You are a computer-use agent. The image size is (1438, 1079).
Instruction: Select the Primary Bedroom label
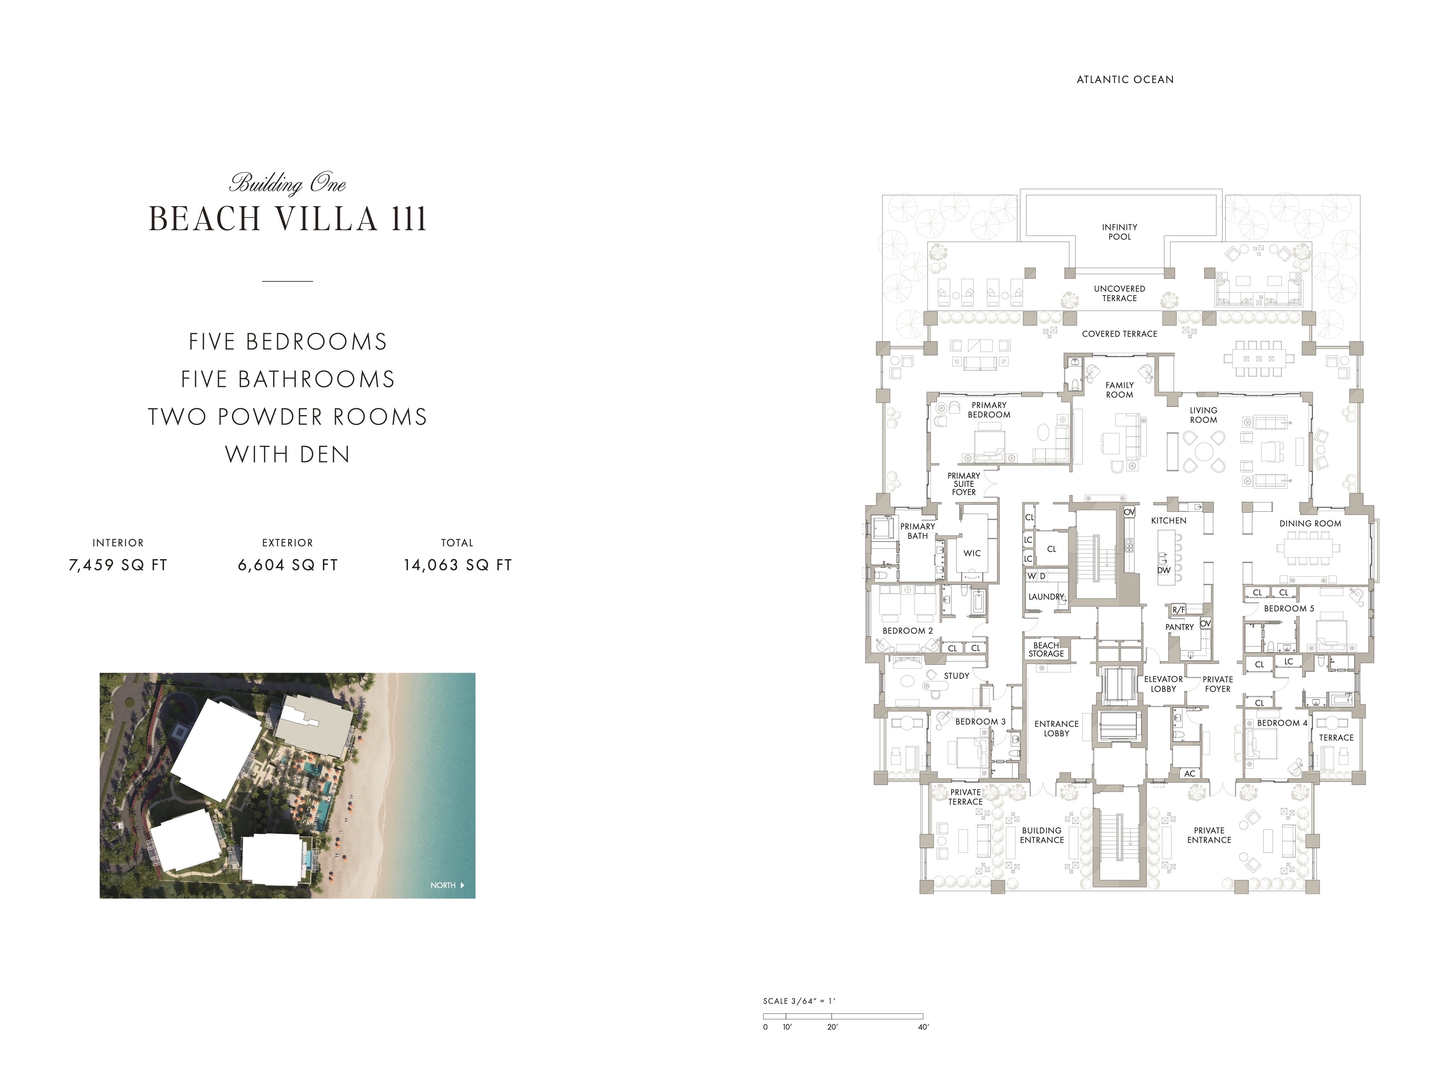989,410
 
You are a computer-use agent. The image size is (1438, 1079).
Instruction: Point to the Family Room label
1119,390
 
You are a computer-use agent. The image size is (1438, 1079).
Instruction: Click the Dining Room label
1310,523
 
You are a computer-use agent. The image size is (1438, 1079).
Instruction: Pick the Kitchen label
1169,520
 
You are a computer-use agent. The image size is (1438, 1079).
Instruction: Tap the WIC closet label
972,554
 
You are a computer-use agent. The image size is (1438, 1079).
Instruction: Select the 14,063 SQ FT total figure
458,565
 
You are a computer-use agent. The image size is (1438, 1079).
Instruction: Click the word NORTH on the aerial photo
443,885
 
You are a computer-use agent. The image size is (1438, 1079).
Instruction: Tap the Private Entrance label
1209,835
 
